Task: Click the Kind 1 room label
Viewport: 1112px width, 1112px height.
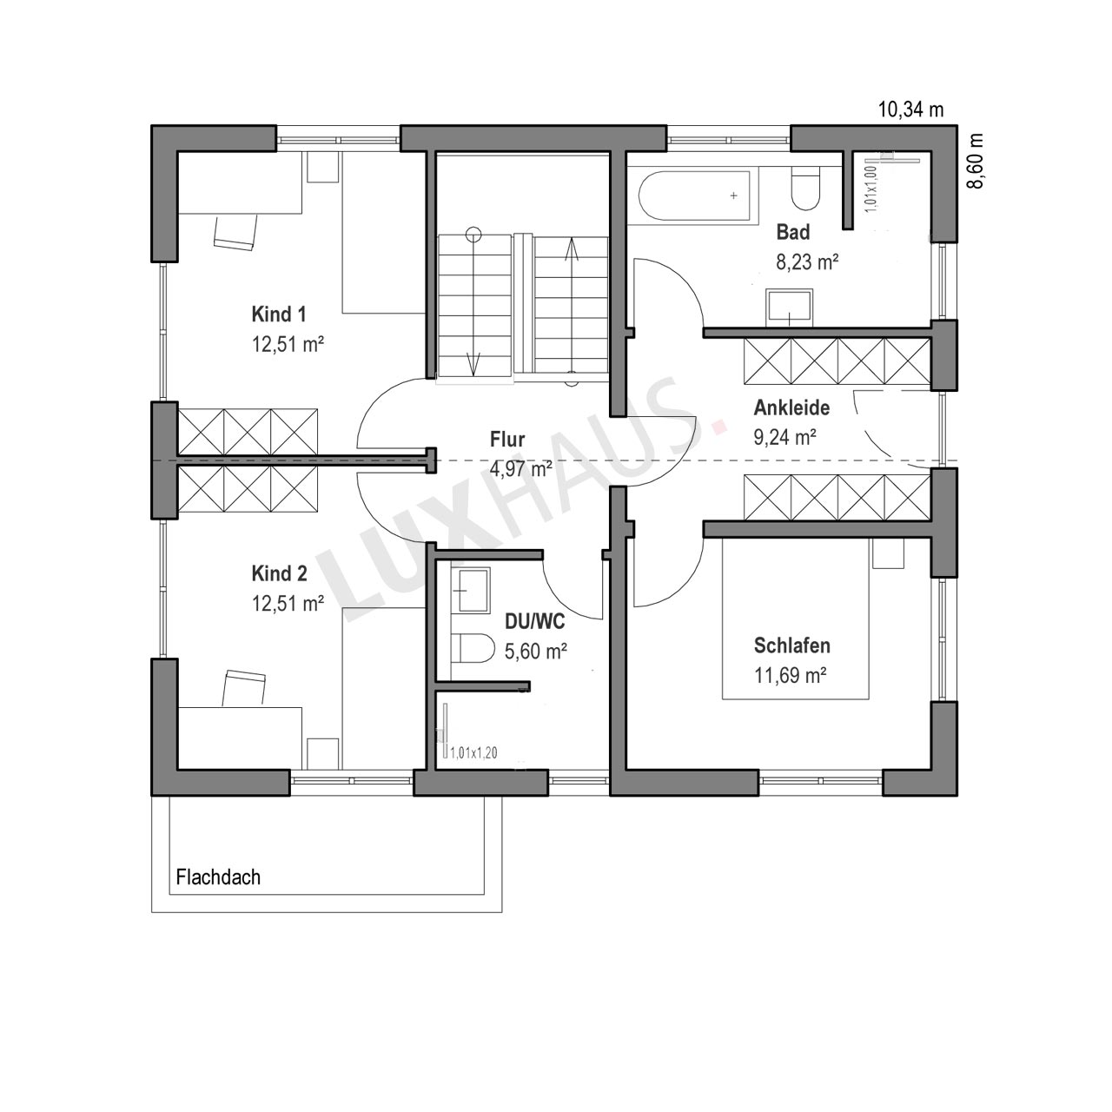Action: (x=279, y=314)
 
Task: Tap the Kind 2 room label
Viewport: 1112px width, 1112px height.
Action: (x=279, y=573)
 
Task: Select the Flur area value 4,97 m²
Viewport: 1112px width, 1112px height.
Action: (x=520, y=469)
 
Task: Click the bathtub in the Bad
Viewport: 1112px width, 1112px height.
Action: (x=695, y=195)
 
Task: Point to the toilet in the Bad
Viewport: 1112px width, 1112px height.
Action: (x=805, y=189)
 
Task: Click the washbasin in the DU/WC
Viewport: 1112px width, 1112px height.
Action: (x=473, y=591)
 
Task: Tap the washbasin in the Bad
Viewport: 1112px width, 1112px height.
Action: (x=790, y=306)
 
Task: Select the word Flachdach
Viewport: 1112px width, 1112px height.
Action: (x=218, y=877)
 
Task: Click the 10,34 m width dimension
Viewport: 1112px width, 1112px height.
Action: (x=910, y=109)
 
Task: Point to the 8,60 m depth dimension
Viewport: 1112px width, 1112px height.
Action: (x=975, y=161)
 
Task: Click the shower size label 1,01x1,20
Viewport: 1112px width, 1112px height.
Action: (x=473, y=752)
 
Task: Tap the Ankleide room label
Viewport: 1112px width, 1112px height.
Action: (x=791, y=408)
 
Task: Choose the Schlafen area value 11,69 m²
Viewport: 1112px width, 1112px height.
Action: (x=791, y=675)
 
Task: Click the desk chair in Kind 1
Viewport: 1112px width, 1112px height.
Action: (x=235, y=232)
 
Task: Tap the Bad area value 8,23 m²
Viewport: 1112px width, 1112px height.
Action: (x=807, y=262)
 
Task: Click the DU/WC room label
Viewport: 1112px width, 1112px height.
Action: (x=535, y=622)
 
